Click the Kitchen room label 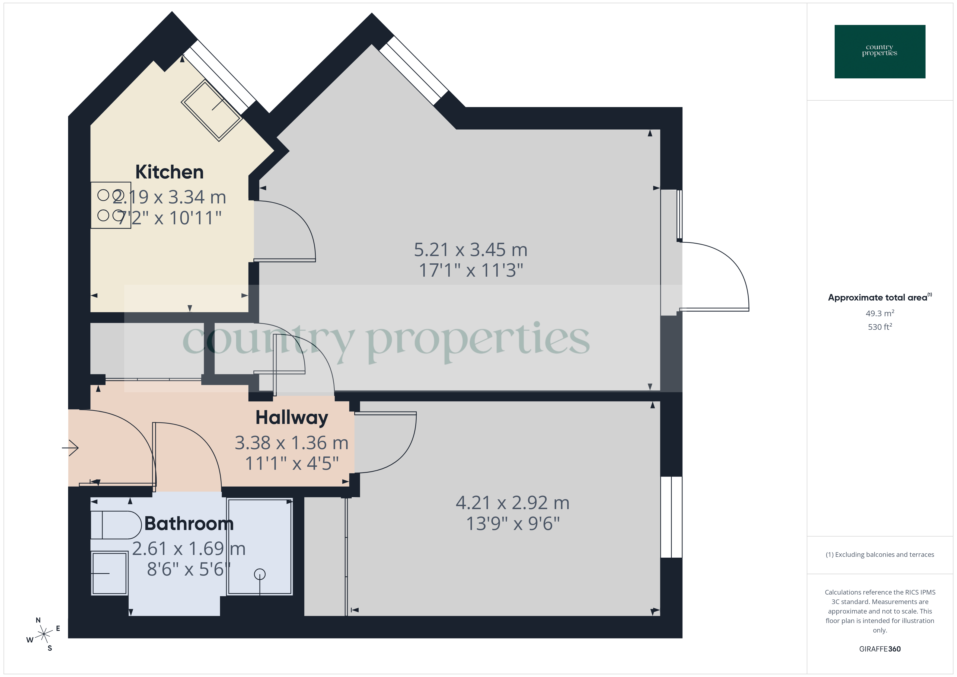[x=169, y=172]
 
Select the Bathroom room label [x=189, y=523]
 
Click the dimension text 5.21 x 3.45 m [x=471, y=250]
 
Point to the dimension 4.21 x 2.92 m [x=512, y=503]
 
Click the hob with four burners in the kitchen [x=111, y=205]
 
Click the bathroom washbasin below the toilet [x=109, y=573]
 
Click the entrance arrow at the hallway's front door [x=71, y=448]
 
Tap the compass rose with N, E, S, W [x=43, y=634]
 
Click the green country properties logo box [x=879, y=52]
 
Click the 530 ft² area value [x=879, y=327]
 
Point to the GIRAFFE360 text [x=879, y=649]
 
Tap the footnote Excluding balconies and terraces [x=879, y=554]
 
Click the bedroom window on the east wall [x=671, y=517]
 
